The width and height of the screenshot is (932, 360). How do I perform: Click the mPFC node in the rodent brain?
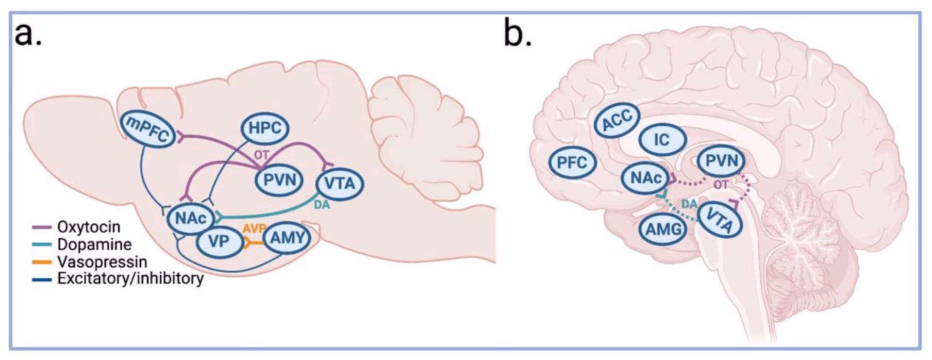148,129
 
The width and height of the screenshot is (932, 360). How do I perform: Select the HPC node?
265,128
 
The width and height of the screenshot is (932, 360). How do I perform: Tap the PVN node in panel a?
280,180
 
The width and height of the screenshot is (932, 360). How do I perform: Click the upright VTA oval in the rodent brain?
339,184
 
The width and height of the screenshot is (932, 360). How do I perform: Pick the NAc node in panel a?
191,218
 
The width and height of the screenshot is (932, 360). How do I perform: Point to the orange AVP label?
254,229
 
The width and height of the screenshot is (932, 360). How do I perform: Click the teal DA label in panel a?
321,205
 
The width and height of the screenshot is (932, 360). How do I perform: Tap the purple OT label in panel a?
261,155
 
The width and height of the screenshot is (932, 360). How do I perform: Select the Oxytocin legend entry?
88,227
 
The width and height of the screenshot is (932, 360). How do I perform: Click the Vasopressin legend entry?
101,262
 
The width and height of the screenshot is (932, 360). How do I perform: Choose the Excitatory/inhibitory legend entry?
130,278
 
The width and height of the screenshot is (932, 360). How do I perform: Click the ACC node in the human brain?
617,120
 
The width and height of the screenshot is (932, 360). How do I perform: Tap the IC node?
662,140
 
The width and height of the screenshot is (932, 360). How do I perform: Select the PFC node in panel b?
572,163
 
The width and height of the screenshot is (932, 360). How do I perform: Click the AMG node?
664,228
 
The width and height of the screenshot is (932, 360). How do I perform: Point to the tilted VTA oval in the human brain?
720,220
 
